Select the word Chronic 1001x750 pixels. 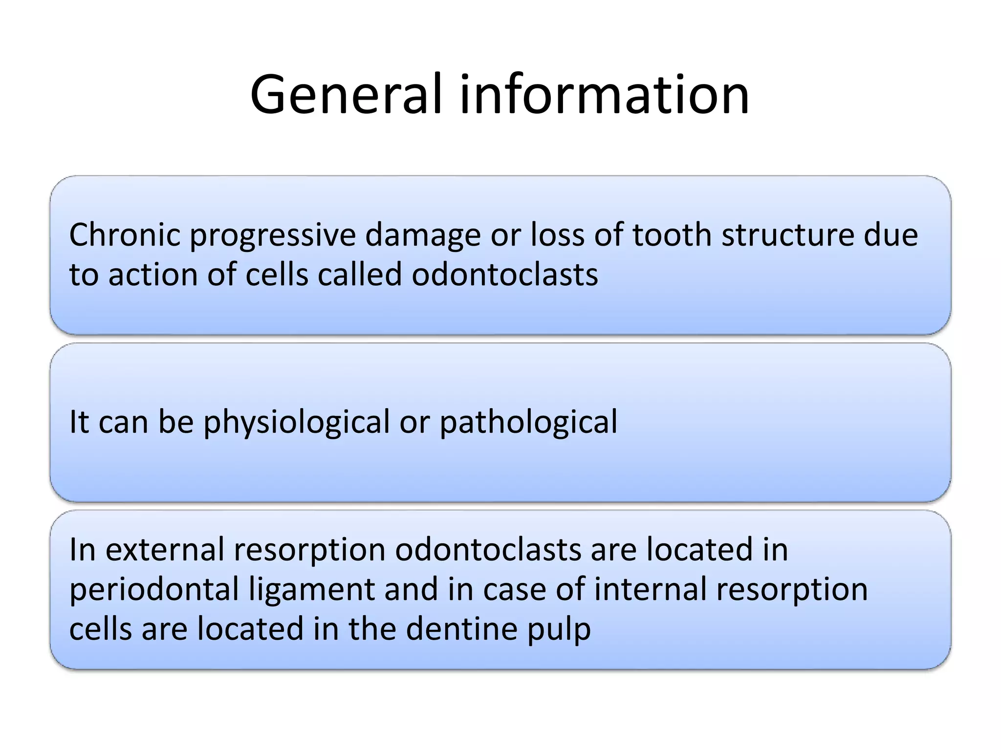125,235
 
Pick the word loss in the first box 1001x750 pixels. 558,235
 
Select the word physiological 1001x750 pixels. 297,423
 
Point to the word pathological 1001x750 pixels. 528,423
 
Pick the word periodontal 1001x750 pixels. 154,590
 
